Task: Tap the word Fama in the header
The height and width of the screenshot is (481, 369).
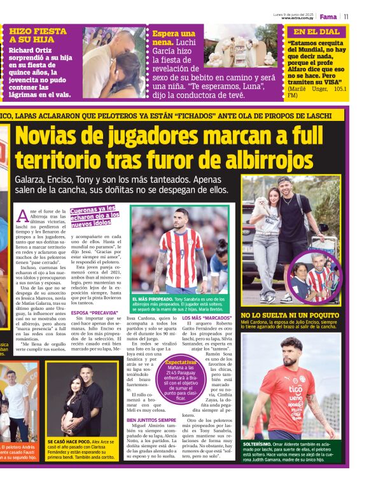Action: (x=328, y=16)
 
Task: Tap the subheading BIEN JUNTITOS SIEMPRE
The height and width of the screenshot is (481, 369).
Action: (x=151, y=421)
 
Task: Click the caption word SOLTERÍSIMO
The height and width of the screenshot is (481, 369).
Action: (x=258, y=445)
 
